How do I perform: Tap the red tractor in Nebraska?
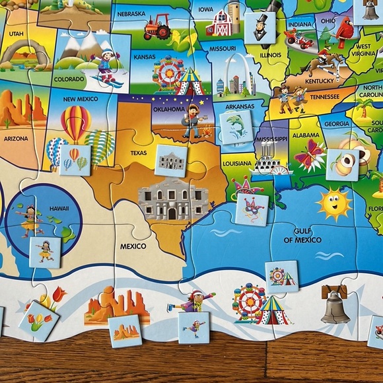tap(157, 28)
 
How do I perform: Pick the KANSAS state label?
tap(145, 56)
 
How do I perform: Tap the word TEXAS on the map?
tap(139, 153)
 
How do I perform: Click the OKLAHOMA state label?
tap(168, 108)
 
